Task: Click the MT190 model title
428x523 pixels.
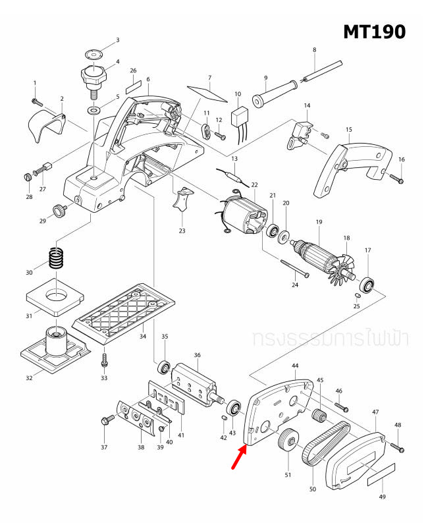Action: [373, 31]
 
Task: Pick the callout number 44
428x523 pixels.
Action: [295, 365]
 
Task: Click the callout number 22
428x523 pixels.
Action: [254, 185]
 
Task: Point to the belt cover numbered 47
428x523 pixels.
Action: [356, 460]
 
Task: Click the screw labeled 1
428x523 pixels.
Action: [36, 101]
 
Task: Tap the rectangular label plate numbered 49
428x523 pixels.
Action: [381, 473]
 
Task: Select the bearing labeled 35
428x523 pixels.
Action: [165, 365]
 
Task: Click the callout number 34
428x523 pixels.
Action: [142, 337]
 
